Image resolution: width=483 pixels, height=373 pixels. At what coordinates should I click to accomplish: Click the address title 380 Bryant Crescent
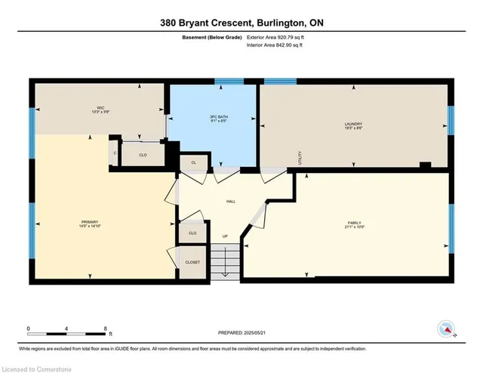click(241, 23)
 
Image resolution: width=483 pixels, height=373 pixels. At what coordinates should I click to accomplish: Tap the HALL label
click(232, 202)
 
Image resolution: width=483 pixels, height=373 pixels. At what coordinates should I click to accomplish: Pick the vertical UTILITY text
click(300, 158)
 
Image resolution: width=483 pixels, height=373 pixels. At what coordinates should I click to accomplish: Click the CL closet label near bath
click(193, 162)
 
